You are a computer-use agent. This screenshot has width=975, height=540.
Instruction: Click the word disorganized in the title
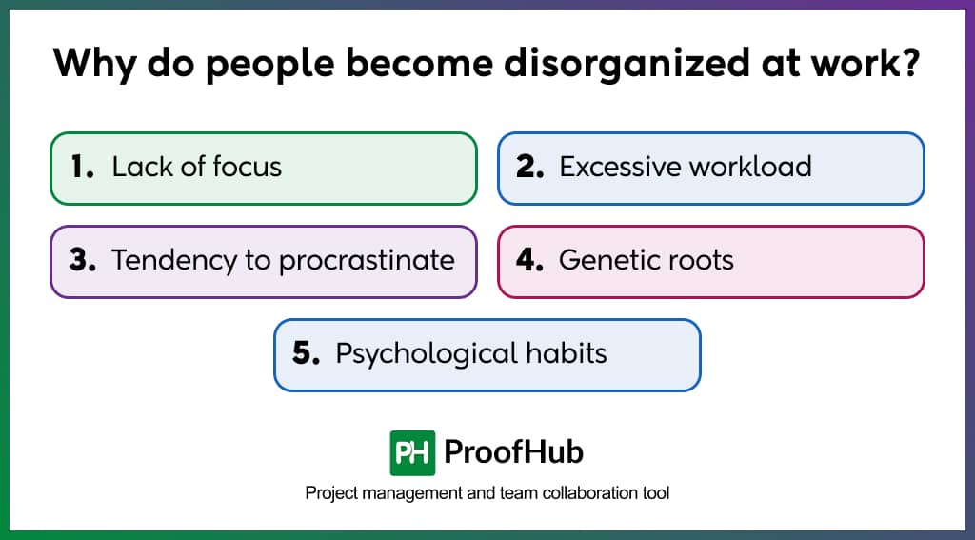(593, 63)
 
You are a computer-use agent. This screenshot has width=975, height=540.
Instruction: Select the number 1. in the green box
(83, 168)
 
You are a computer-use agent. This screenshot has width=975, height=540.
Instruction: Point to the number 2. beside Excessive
(530, 168)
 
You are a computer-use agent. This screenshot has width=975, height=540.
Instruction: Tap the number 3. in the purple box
(83, 261)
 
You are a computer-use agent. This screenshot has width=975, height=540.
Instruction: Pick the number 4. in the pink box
(530, 261)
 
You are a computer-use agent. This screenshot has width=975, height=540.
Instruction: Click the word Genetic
(608, 261)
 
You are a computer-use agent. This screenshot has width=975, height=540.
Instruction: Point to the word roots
(701, 261)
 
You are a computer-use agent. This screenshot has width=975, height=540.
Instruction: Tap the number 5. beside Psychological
(307, 354)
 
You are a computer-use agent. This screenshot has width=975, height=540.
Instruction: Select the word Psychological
(413, 354)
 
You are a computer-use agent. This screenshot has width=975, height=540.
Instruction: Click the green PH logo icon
(413, 452)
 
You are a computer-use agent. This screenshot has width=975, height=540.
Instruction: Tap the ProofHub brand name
(514, 452)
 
